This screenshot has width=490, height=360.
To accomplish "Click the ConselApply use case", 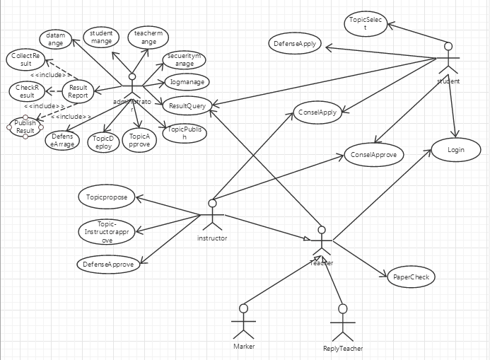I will tap(317, 112).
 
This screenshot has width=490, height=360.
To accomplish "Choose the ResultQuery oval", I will tap(187, 106).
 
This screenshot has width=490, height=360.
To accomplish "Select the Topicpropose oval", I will tap(106, 197).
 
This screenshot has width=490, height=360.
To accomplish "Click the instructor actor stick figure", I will tap(211, 216).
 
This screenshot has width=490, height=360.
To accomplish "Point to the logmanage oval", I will tap(187, 82).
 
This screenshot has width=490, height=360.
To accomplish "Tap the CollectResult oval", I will tap(25, 59).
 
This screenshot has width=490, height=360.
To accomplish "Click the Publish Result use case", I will tap(25, 127).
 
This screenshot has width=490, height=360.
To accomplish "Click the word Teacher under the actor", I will tap(322, 263).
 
